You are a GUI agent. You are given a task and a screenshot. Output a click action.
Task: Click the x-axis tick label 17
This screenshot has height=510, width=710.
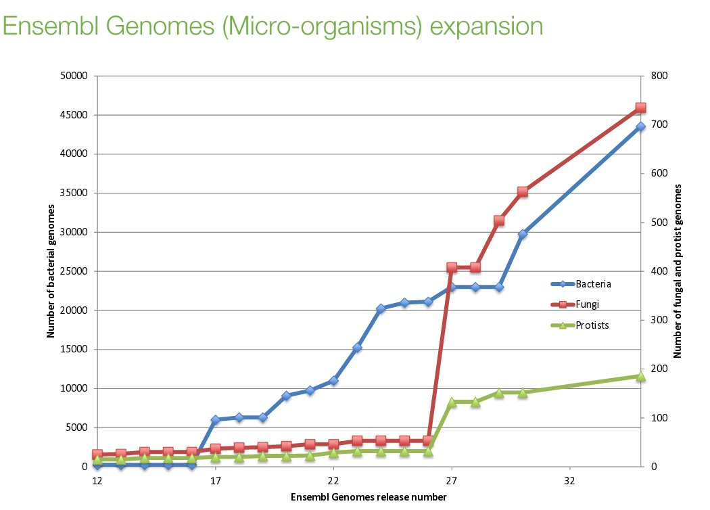(x=215, y=480)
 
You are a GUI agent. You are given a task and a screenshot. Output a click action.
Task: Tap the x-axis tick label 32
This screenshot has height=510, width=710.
(x=569, y=480)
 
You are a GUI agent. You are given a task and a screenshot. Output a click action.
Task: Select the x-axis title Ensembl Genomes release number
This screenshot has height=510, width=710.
(x=369, y=497)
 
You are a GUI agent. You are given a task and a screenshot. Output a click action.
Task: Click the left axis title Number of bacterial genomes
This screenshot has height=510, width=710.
(x=51, y=271)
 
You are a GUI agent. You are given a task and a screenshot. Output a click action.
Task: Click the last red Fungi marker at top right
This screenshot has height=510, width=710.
(x=640, y=108)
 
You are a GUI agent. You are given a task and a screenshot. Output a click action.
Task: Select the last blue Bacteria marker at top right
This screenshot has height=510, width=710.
(x=640, y=127)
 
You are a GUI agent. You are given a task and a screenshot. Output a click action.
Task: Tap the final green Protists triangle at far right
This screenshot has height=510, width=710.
(x=640, y=376)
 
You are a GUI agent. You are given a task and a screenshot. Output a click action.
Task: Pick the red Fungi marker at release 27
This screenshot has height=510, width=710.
(x=452, y=268)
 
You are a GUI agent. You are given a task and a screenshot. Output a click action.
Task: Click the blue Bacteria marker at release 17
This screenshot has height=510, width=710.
(x=215, y=420)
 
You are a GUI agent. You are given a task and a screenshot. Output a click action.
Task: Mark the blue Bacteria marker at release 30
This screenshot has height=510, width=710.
(x=523, y=234)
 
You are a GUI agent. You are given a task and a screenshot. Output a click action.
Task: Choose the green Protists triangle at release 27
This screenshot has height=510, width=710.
(x=452, y=402)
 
